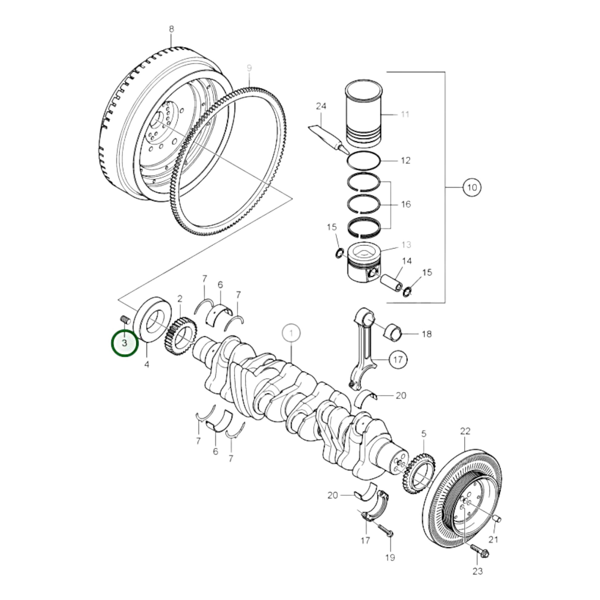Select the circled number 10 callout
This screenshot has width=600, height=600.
(x=471, y=187)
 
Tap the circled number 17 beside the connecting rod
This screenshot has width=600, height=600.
(x=397, y=360)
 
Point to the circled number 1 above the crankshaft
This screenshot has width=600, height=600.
(x=291, y=334)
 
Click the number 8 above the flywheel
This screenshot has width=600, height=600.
(x=171, y=29)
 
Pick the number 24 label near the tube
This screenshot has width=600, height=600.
(x=321, y=106)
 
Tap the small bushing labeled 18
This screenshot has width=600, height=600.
(x=393, y=333)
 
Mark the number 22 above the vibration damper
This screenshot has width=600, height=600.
(x=465, y=431)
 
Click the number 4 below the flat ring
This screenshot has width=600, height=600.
(x=146, y=364)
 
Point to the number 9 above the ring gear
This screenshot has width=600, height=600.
(x=249, y=68)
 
